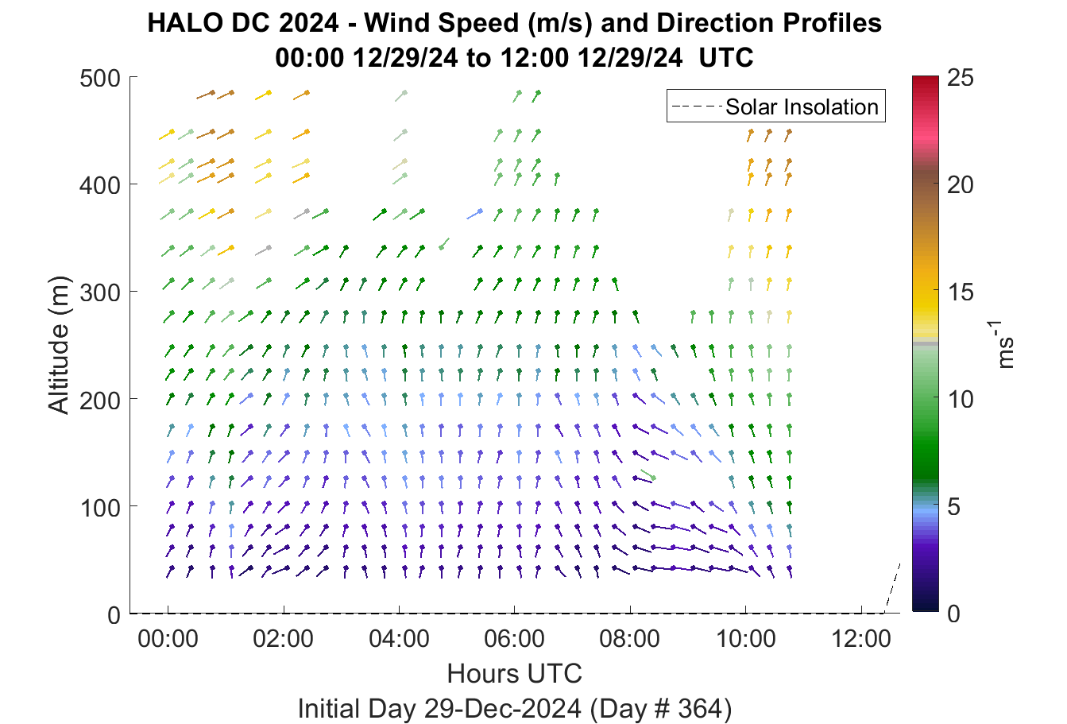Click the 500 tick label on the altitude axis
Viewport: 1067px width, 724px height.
click(x=99, y=78)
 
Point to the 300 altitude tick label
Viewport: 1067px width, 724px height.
click(x=99, y=292)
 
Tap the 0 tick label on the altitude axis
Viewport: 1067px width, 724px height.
click(x=114, y=615)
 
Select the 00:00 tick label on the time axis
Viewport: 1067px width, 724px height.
click(x=168, y=639)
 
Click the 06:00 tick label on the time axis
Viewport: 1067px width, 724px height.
click(x=515, y=639)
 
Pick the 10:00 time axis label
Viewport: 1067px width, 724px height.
click(x=746, y=639)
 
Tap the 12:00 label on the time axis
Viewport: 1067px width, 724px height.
click(x=861, y=639)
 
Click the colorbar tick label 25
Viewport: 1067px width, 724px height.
click(x=961, y=77)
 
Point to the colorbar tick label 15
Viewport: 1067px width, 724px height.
click(x=961, y=292)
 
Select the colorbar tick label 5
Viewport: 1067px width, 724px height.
click(x=954, y=506)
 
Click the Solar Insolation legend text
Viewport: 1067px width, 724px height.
click(x=802, y=106)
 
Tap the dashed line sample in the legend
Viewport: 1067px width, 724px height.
click(x=697, y=106)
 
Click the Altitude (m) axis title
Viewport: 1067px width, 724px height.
click(x=59, y=345)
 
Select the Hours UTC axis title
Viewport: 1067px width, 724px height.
click(x=515, y=673)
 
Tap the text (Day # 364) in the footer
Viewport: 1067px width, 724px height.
click(x=661, y=708)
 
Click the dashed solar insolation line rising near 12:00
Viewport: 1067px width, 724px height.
click(x=892, y=587)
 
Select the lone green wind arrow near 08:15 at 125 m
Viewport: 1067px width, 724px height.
click(x=648, y=474)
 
